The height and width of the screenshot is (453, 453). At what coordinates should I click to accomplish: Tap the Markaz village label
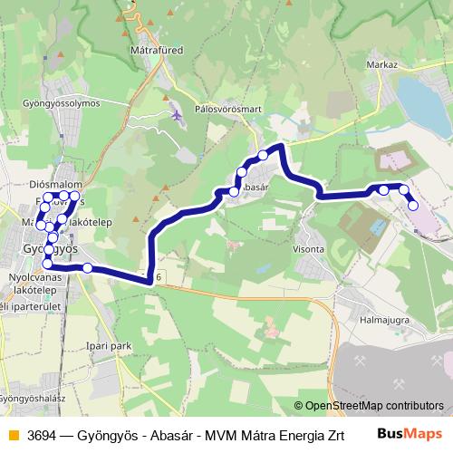(x=382, y=65)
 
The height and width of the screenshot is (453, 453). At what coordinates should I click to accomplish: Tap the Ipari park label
(x=118, y=345)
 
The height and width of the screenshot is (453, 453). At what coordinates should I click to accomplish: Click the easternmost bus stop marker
(x=413, y=206)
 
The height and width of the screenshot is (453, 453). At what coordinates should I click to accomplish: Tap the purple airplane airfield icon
(x=175, y=115)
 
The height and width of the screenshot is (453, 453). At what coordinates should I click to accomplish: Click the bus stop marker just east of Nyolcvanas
(x=87, y=267)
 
